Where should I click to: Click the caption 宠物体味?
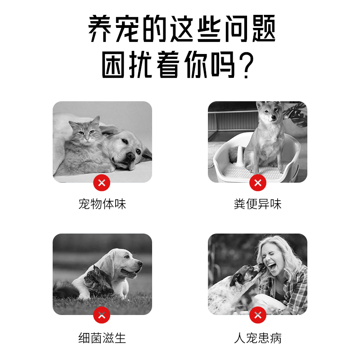[102, 204]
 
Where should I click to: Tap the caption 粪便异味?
[257, 204]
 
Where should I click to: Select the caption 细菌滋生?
[102, 338]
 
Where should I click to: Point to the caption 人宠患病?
[257, 338]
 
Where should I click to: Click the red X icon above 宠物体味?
[102, 183]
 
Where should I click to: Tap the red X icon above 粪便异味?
[258, 183]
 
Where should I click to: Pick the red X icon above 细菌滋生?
[102, 315]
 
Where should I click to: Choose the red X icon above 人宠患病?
[258, 315]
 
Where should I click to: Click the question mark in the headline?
[246, 65]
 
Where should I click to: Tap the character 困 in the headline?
[113, 64]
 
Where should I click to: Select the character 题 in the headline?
[264, 28]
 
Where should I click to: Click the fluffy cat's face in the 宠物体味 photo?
[85, 131]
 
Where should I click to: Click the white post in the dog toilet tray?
[239, 155]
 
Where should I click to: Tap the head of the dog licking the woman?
[244, 276]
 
